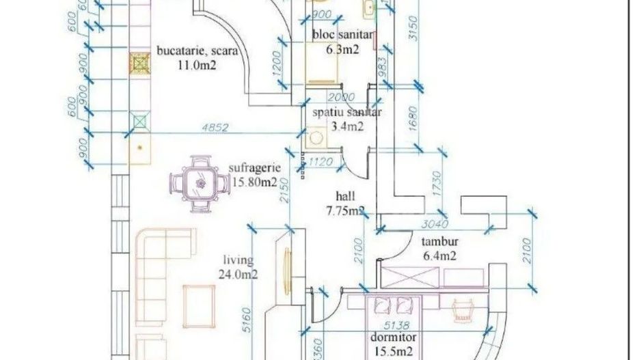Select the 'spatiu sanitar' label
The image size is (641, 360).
click(x=346, y=113)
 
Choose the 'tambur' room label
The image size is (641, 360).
click(x=439, y=241)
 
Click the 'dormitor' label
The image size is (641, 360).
click(x=394, y=337)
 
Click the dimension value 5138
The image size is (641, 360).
click(x=397, y=324)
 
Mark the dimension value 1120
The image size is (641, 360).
click(x=320, y=162)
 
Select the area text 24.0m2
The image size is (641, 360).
click(x=238, y=275)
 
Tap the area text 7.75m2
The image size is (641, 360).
click(x=345, y=211)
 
